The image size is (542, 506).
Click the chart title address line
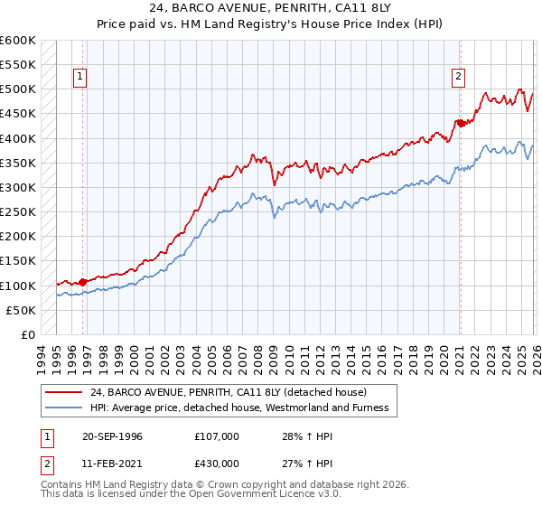coord(270,10)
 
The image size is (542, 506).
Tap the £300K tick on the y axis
coord(18,187)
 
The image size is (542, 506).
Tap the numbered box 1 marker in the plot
coord(80,78)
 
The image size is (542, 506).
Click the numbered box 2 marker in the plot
coord(458,78)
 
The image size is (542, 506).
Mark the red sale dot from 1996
coord(83,282)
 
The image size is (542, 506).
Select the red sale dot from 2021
coord(460,123)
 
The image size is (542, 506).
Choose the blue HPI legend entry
coord(238,408)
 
